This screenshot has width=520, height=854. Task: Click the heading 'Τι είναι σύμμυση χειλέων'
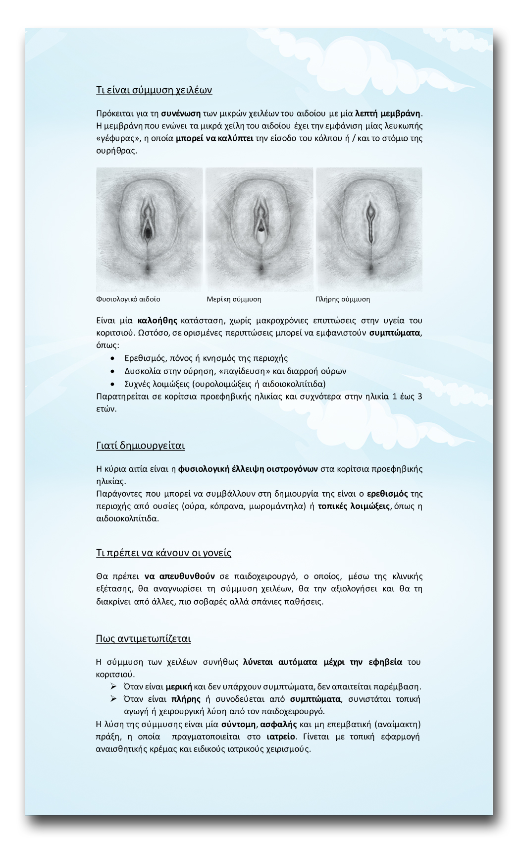click(154, 90)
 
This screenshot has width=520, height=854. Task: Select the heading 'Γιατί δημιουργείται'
click(140, 445)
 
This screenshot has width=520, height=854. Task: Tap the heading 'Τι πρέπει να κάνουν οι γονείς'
click(163, 553)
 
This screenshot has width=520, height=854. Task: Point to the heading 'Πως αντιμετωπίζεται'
click(143, 638)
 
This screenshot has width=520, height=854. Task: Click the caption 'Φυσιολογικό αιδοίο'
click(128, 299)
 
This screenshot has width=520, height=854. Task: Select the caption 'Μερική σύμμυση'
click(234, 299)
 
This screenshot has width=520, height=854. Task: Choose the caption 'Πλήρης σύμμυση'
click(343, 299)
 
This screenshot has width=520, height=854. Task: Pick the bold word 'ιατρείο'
click(281, 737)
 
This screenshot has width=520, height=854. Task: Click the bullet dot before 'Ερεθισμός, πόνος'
click(114, 358)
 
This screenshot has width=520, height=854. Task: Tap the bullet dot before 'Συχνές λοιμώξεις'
click(114, 384)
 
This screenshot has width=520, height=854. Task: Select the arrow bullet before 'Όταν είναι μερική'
click(113, 686)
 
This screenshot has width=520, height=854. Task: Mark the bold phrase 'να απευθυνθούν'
click(179, 576)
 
